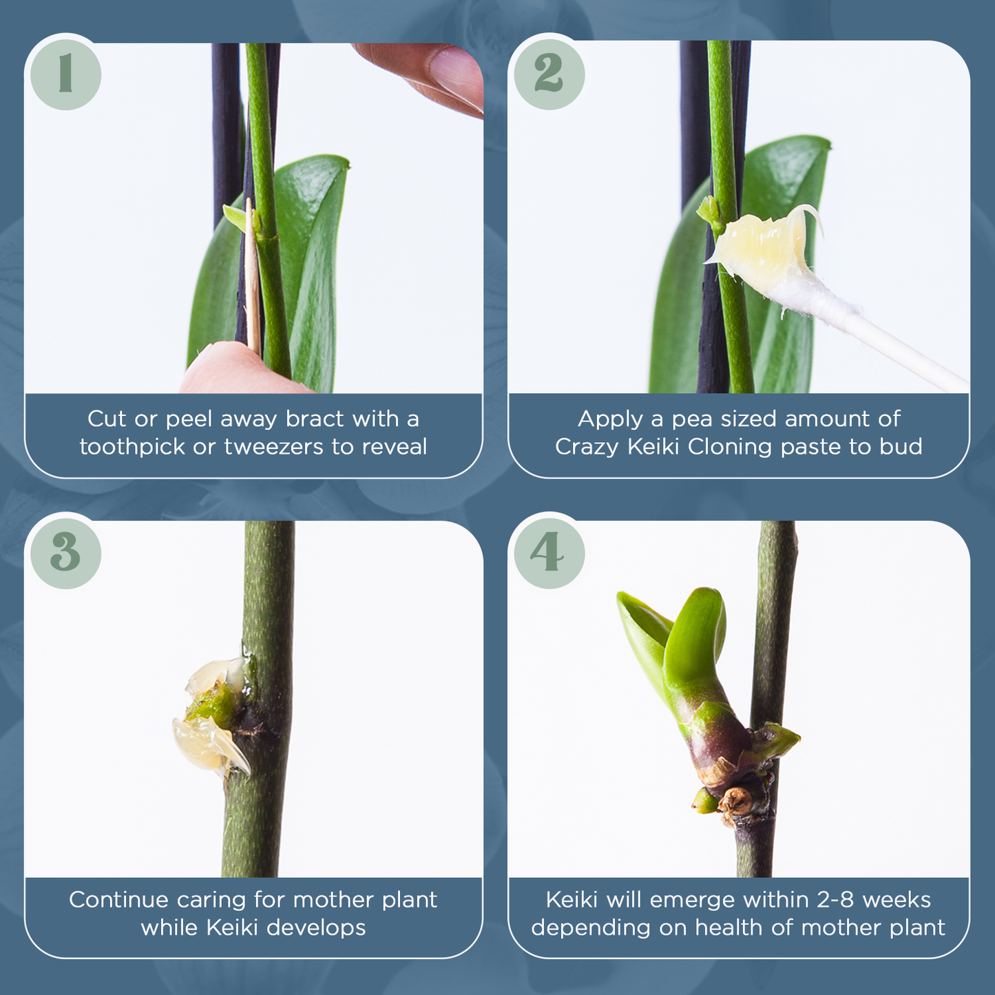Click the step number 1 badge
point(65,74)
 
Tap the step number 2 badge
point(549,74)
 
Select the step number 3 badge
point(65,554)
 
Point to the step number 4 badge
point(549,554)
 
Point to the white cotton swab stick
point(888,341)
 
